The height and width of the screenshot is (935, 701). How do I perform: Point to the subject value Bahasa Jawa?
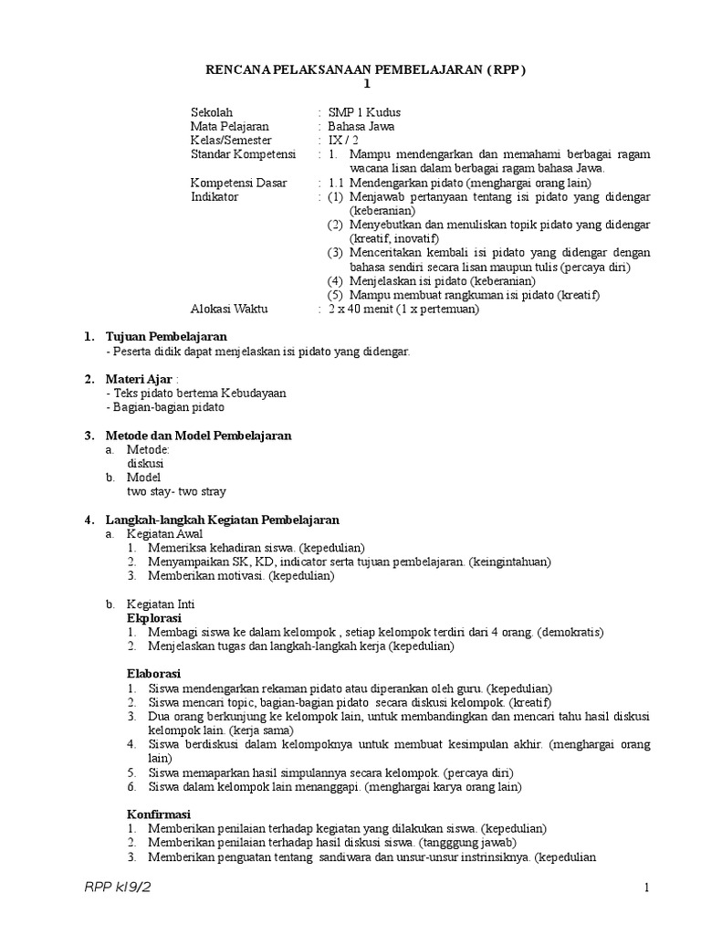[x=361, y=127]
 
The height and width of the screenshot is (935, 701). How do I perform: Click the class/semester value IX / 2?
[x=345, y=141]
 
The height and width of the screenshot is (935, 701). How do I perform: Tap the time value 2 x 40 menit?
[x=365, y=309]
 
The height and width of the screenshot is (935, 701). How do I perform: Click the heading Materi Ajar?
[x=137, y=379]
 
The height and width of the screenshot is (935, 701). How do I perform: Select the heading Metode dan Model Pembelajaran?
[x=198, y=436]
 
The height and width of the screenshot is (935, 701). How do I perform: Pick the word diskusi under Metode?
[x=145, y=463]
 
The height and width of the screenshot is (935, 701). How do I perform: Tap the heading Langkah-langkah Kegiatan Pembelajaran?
[x=222, y=520]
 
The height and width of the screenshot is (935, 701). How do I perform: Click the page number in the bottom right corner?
[x=645, y=888]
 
